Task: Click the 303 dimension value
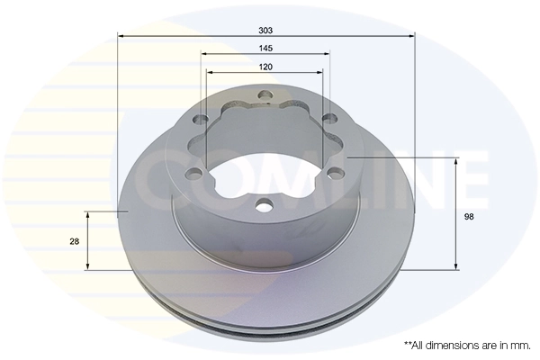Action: coord(265,30)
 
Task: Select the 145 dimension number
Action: coord(265,48)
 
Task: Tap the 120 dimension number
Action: coord(265,67)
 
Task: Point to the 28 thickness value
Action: coord(74,241)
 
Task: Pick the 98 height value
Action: coord(469,217)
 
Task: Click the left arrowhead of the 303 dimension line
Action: coord(121,37)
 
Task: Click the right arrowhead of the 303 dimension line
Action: coord(411,37)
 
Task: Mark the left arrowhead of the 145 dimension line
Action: coord(205,54)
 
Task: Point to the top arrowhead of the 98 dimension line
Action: coord(456,163)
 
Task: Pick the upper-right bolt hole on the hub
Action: coord(330,118)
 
